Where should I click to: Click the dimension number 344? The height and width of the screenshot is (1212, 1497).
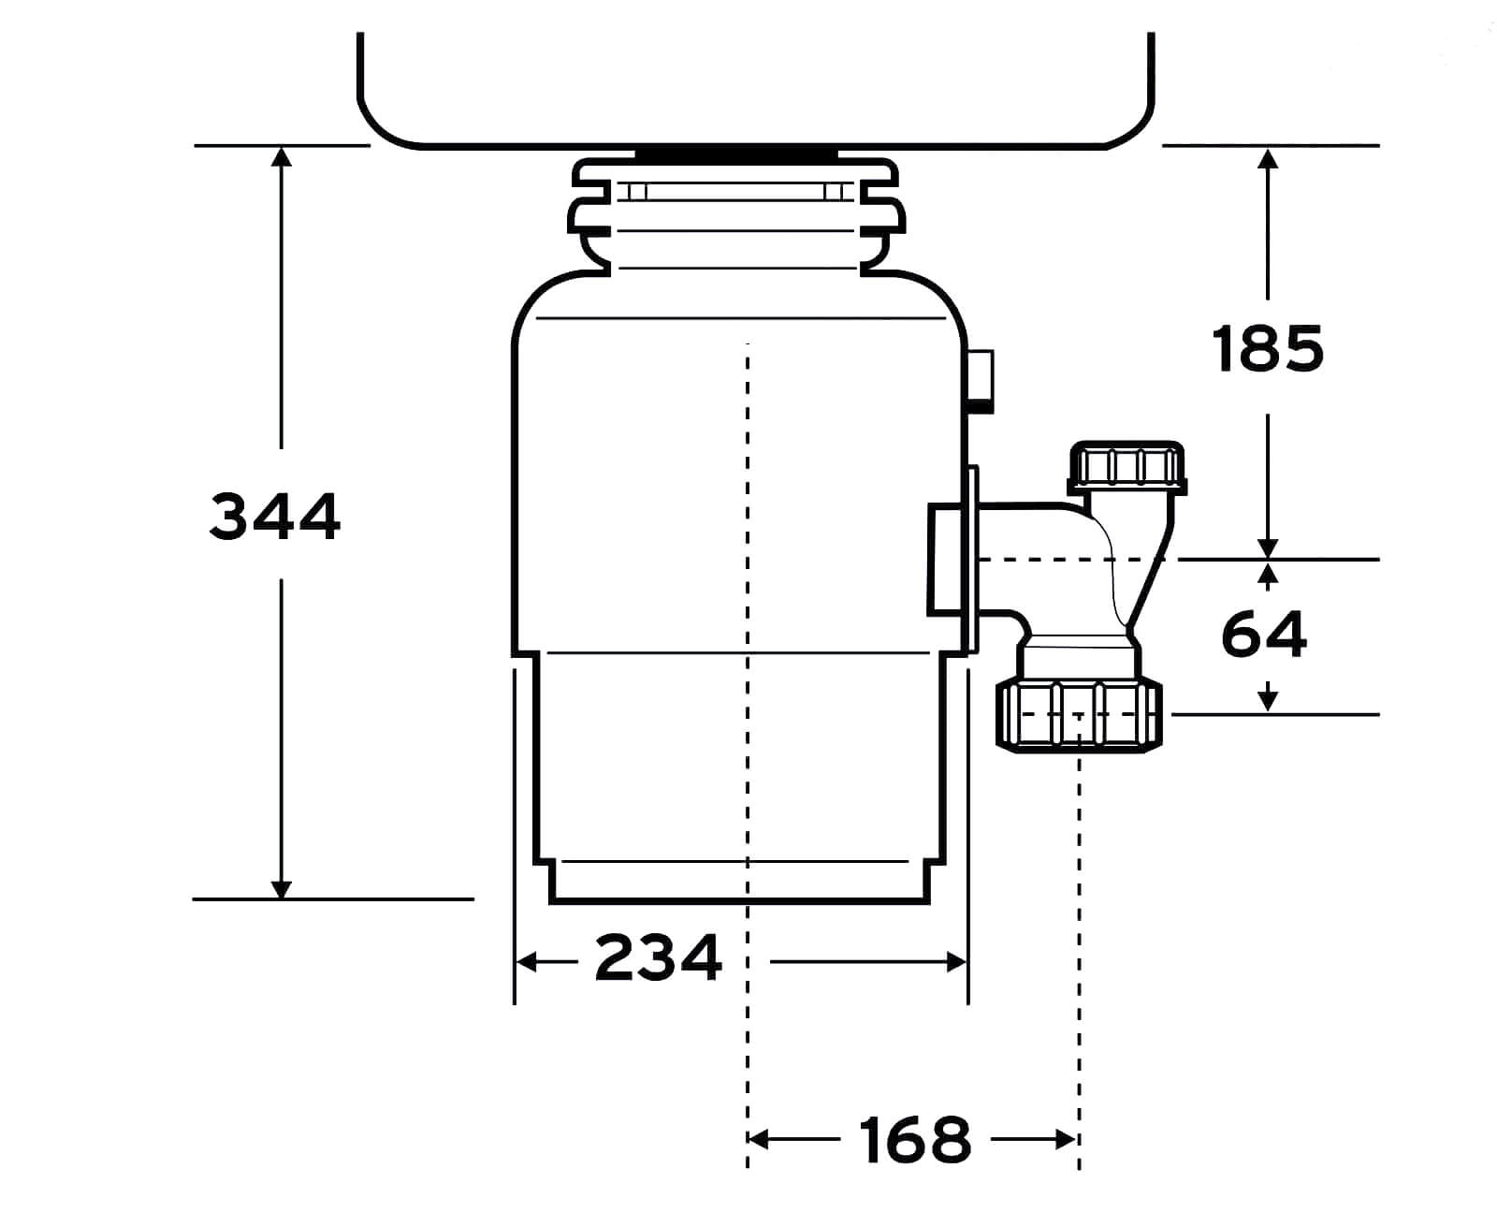[x=275, y=517]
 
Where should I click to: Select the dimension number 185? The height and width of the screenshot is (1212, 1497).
[x=1267, y=348]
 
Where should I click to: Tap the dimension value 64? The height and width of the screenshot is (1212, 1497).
[x=1264, y=635]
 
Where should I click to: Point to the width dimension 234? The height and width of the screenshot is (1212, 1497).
[x=658, y=956]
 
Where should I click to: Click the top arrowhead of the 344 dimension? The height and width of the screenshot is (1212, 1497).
[x=281, y=156]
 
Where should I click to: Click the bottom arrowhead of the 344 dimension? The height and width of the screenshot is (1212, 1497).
[x=281, y=889]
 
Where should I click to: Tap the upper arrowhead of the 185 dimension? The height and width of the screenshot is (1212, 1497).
[x=1267, y=158]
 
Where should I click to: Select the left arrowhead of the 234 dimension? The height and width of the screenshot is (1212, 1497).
[x=526, y=962]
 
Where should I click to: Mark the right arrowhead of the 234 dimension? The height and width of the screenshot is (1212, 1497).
[x=956, y=962]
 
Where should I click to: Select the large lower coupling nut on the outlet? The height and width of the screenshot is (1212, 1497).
[x=1079, y=716]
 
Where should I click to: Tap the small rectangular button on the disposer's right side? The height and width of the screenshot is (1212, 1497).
[x=980, y=381]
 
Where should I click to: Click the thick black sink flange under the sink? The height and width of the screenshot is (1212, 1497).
[x=736, y=153]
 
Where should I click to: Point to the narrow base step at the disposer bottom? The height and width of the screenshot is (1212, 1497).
[x=738, y=883]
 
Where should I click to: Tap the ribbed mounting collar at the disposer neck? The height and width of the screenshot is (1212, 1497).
[x=735, y=216]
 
